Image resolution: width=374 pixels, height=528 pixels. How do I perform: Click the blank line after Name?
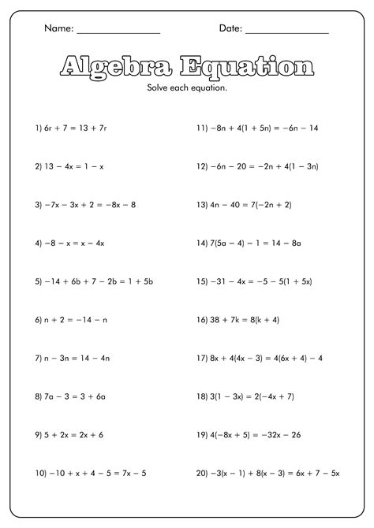pyautogui.click(x=118, y=32)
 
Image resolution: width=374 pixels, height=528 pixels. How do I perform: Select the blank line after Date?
pyautogui.click(x=287, y=32)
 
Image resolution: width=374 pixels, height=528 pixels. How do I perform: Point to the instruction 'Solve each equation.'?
pyautogui.click(x=187, y=87)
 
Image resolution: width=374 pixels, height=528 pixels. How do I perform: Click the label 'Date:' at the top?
pyautogui.click(x=230, y=29)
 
